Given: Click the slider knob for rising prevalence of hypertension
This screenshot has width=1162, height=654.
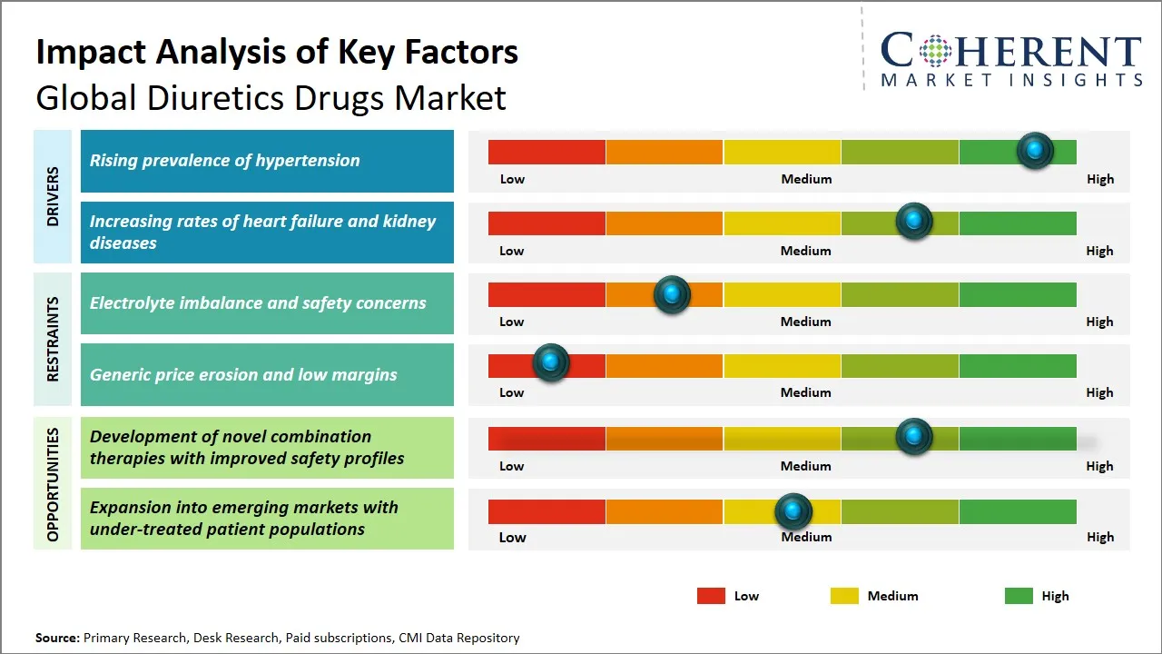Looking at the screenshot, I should click(x=1034, y=151).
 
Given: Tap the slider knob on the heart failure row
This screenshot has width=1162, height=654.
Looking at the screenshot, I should click(x=914, y=222).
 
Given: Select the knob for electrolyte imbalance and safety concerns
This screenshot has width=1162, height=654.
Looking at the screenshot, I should click(x=672, y=294).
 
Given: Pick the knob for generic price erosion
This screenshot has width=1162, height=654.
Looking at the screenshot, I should click(x=550, y=362).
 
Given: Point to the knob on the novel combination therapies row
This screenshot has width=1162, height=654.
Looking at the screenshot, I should click(x=914, y=437).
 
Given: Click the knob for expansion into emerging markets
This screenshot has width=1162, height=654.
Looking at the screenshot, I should click(x=793, y=511).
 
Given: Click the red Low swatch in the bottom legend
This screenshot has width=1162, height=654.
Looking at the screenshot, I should click(x=711, y=596).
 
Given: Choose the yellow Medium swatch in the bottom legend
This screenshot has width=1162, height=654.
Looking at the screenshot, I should click(x=844, y=596).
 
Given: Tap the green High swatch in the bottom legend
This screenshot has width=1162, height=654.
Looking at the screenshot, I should click(x=1019, y=596).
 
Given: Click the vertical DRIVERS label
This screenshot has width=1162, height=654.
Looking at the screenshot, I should click(x=52, y=196).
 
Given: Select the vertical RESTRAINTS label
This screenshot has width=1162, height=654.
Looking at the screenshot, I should click(x=52, y=339).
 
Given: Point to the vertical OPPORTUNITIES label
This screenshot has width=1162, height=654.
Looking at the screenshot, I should click(x=52, y=484).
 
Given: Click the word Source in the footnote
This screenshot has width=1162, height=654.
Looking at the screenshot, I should click(x=57, y=639).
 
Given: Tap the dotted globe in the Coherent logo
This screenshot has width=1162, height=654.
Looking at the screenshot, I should click(x=933, y=51).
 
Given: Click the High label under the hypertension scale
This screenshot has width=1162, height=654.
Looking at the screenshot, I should click(x=1099, y=179).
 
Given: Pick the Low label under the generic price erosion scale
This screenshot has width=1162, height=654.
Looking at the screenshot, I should click(x=512, y=392).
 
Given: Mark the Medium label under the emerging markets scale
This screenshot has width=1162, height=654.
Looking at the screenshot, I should click(x=806, y=537).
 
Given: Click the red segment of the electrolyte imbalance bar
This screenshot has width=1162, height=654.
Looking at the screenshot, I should click(x=547, y=294).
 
